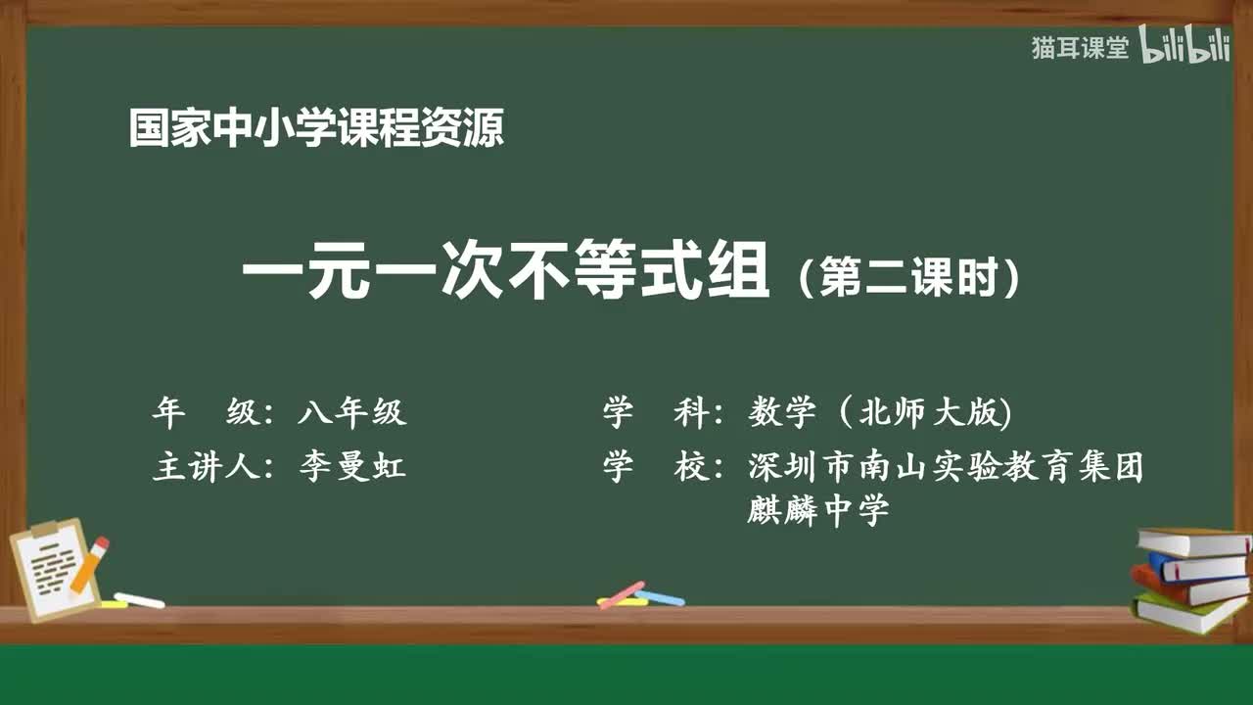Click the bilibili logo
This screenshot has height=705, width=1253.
pos(1184,47)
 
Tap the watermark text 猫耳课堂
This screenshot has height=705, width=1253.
pos(1080,48)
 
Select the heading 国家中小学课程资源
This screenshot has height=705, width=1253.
pos(316,129)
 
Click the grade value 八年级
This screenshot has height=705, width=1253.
pos(351,413)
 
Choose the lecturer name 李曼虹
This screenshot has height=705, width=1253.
pos(351,467)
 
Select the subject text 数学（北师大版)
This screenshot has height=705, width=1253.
pos(879,413)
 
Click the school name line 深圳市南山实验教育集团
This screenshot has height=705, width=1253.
pos(946,467)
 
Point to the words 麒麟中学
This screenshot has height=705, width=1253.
pos(817,509)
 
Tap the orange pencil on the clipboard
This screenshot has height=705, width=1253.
pos(89,564)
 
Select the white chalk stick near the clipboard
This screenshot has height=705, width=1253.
pos(139,600)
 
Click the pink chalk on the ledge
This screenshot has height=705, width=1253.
pos(622,594)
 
